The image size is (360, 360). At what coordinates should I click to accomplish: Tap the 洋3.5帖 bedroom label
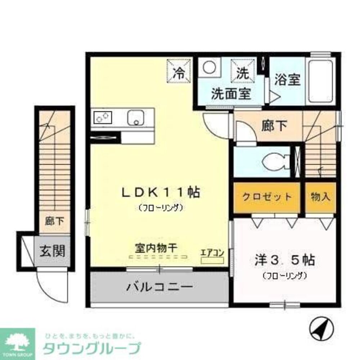click(x=284, y=260)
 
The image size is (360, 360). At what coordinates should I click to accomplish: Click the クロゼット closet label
click(x=267, y=197)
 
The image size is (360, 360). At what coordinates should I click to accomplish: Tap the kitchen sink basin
click(x=136, y=117)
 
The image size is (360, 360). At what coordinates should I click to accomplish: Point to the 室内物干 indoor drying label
click(x=158, y=248)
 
